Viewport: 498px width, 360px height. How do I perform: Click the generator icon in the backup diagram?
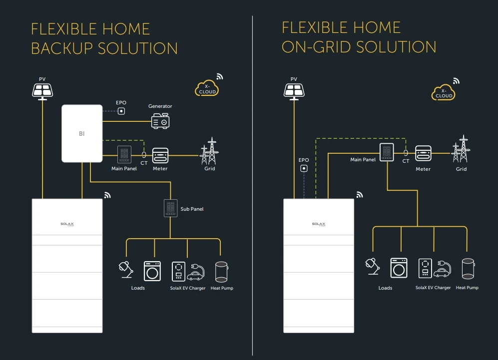coord(161,121)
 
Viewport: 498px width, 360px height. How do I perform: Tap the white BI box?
coord(81,133)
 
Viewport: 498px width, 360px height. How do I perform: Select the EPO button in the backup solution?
coord(121,111)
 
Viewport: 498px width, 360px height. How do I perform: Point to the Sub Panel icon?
coord(171,208)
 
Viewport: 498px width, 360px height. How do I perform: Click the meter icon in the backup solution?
coord(160,155)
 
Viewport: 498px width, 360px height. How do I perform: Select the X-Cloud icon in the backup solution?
coord(207,89)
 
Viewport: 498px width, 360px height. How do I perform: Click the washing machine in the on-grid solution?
coord(398,268)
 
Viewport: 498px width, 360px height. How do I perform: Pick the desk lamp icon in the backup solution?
coord(125,269)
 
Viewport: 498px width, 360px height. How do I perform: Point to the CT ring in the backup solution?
coord(144,155)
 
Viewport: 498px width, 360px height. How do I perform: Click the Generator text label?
coord(160,106)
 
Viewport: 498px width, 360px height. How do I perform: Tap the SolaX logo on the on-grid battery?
coord(318,224)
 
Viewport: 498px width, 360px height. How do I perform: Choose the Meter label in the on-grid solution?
coord(423,169)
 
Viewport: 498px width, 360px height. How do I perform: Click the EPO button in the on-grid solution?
coord(303,169)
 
